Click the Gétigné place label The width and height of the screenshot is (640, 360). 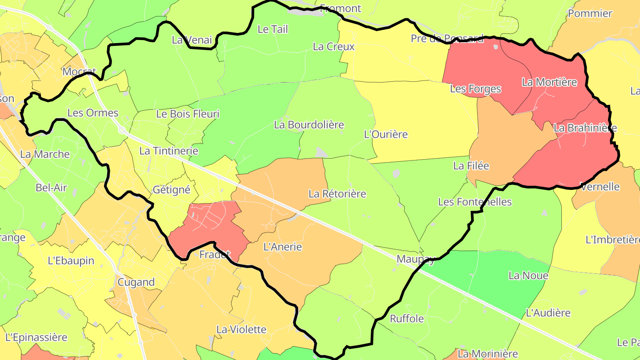pyautogui.click(x=172, y=190)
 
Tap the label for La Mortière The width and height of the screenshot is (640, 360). pyautogui.click(x=549, y=82)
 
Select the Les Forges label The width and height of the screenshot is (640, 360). pyautogui.click(x=476, y=89)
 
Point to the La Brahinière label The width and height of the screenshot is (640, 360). pyautogui.click(x=585, y=128)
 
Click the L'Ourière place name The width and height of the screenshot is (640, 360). pyautogui.click(x=386, y=134)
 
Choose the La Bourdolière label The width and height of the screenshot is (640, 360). pyautogui.click(x=309, y=125)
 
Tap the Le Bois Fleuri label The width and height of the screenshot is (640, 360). pyautogui.click(x=188, y=114)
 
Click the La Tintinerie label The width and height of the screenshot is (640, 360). pyautogui.click(x=169, y=151)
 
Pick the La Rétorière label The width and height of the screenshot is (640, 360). pyautogui.click(x=337, y=194)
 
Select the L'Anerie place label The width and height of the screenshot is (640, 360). pyautogui.click(x=283, y=247)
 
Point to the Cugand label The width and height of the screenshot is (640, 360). pyautogui.click(x=136, y=282)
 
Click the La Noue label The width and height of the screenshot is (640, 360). pyautogui.click(x=528, y=276)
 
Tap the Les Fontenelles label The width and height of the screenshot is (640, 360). pyautogui.click(x=475, y=202)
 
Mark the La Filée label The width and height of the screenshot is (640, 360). pyautogui.click(x=471, y=166)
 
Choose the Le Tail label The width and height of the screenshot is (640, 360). pyautogui.click(x=273, y=29)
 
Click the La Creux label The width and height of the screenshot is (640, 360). pyautogui.click(x=334, y=47)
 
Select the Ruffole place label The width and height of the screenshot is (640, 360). pyautogui.click(x=407, y=319)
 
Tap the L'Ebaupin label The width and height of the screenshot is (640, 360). pyautogui.click(x=71, y=260)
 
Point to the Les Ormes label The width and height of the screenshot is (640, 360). pyautogui.click(x=93, y=113)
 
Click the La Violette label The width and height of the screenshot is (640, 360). pyautogui.click(x=241, y=329)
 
